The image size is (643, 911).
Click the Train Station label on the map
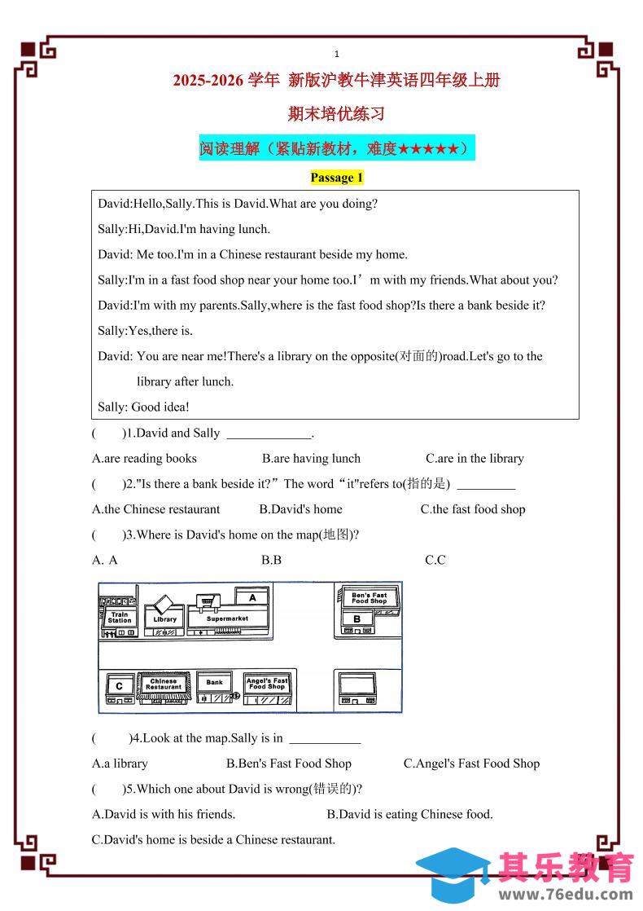[120, 618]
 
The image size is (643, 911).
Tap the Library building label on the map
[164, 619]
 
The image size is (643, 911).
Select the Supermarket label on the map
[227, 618]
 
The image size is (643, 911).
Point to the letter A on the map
[253, 597]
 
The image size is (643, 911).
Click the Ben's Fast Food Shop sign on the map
[369, 598]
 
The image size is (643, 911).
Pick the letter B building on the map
[356, 618]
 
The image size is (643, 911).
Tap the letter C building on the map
[120, 686]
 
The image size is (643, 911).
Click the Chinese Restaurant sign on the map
[164, 684]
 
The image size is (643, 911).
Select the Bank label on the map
[214, 683]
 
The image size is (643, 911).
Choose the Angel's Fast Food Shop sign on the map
[267, 684]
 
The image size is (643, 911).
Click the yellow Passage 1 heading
[336, 178]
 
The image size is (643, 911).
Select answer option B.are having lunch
[311, 458]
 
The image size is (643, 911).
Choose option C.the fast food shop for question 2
[472, 509]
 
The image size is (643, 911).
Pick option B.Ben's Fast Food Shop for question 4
[288, 764]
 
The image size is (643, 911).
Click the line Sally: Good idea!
[143, 407]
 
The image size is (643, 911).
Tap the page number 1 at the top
[336, 54]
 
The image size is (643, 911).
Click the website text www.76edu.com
[566, 894]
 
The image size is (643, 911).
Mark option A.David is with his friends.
[164, 814]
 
